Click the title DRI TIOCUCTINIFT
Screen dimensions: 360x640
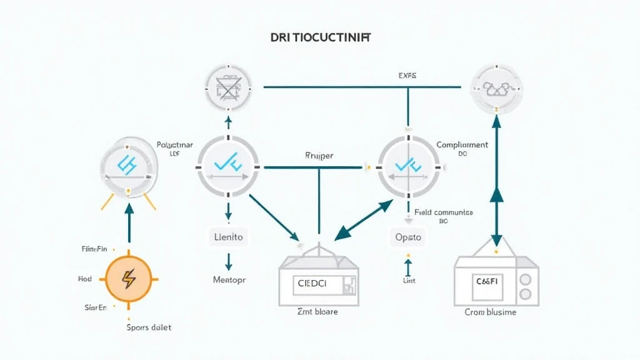point(320,37)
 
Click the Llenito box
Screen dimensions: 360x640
point(228,237)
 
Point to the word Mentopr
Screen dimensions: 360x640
point(229,280)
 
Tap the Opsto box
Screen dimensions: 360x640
point(407,237)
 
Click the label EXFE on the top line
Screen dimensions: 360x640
point(407,76)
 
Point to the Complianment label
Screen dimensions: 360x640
point(462,145)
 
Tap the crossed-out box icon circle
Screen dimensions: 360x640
point(228,87)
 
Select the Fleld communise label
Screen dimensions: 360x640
point(443,212)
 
